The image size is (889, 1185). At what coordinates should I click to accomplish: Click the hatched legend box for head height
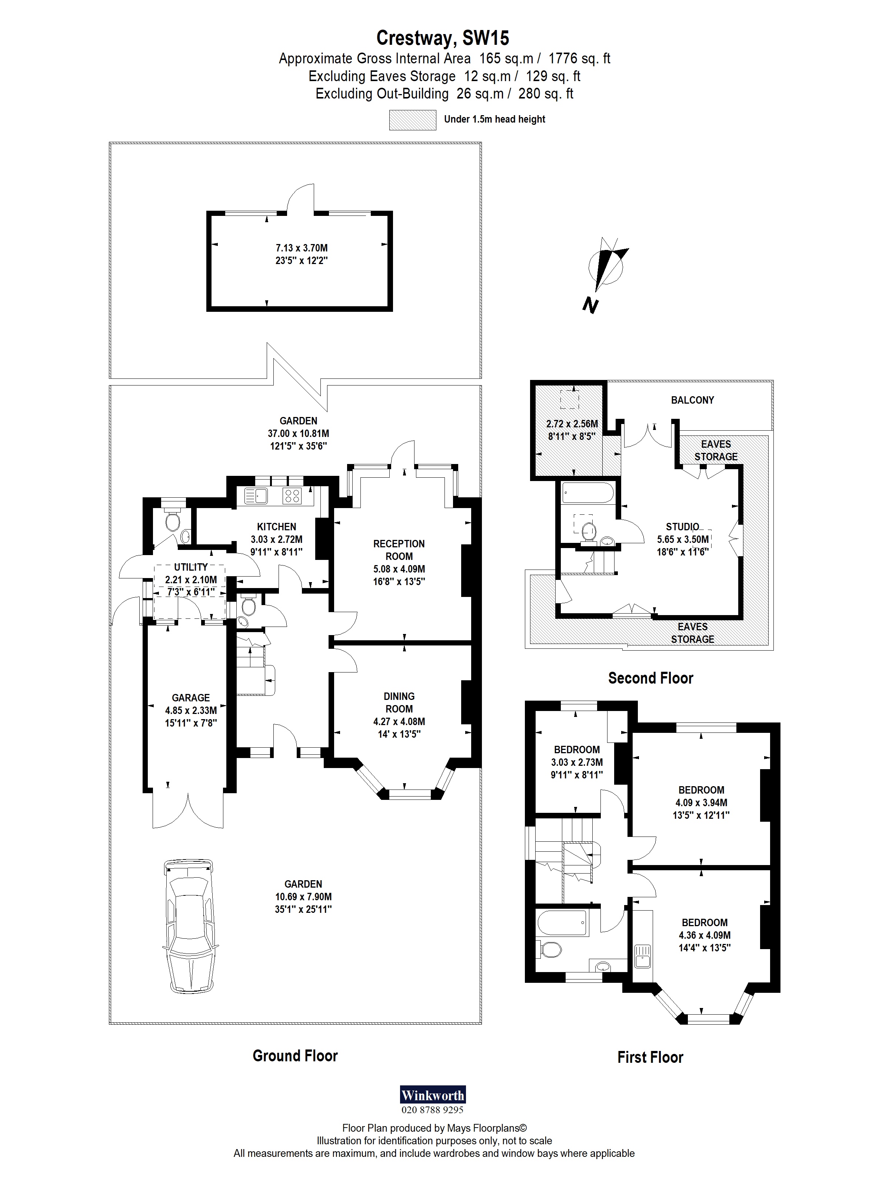412,120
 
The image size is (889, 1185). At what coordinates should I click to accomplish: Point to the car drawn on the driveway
190,926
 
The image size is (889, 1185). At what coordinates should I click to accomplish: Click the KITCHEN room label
276,527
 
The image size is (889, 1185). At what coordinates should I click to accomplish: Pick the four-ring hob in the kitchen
292,495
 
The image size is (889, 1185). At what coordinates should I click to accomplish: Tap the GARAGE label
191,698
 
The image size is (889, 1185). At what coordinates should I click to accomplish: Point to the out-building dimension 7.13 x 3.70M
301,248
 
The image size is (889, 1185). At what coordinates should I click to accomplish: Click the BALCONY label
692,400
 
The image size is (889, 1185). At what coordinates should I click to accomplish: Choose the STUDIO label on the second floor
682,527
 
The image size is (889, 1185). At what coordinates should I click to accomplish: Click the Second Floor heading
650,678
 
